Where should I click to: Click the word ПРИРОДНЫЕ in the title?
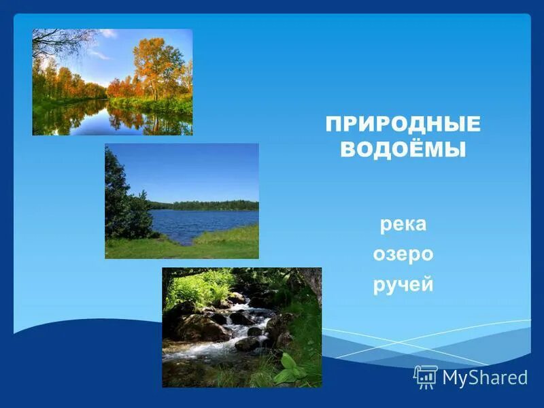(403, 124)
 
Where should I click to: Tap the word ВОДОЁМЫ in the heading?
(403, 150)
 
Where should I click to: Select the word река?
(403, 224)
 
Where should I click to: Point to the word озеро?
(403, 254)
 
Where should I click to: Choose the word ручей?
(403, 284)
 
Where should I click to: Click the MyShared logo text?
(485, 377)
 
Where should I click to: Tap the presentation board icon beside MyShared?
(426, 377)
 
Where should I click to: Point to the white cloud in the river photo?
(102, 53)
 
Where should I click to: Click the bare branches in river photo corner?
(58, 42)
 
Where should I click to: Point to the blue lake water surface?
(204, 221)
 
